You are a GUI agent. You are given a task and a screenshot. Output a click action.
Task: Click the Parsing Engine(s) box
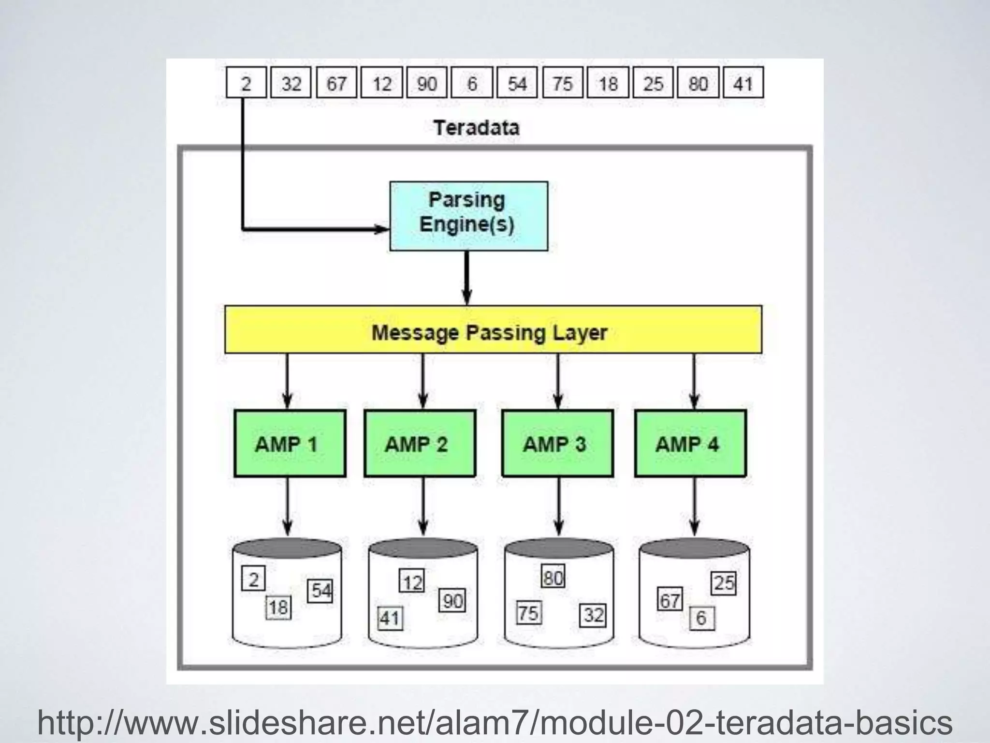[x=468, y=216]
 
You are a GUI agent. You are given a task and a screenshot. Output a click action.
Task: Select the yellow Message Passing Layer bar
[x=493, y=329]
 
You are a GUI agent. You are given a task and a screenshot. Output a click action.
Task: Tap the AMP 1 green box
[x=290, y=444]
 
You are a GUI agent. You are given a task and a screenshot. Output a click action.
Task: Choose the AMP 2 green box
[x=420, y=444]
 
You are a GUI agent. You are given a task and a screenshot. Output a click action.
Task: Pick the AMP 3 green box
[x=557, y=444]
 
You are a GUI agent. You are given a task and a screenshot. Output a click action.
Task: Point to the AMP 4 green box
[x=690, y=444]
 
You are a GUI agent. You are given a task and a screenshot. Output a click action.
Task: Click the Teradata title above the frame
[x=476, y=128]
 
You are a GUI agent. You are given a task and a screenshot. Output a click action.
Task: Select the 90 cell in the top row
[x=426, y=84]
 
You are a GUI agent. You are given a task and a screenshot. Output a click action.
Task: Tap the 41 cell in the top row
[x=743, y=84]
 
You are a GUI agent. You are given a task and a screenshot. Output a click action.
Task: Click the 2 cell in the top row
[x=246, y=84]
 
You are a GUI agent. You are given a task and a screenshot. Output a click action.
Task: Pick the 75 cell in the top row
[x=562, y=84]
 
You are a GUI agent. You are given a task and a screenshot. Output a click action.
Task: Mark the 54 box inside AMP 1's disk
[x=320, y=591]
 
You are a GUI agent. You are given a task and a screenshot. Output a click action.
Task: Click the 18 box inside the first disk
[x=279, y=608]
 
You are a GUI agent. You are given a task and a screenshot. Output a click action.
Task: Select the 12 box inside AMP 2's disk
[x=412, y=581]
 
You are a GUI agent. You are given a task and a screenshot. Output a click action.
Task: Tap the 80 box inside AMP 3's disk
[x=553, y=577]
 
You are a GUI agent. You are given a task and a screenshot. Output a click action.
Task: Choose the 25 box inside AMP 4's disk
[x=724, y=583]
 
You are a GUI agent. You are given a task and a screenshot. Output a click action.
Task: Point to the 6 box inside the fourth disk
[x=701, y=618]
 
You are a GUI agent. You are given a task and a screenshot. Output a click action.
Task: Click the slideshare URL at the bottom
[x=495, y=723]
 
